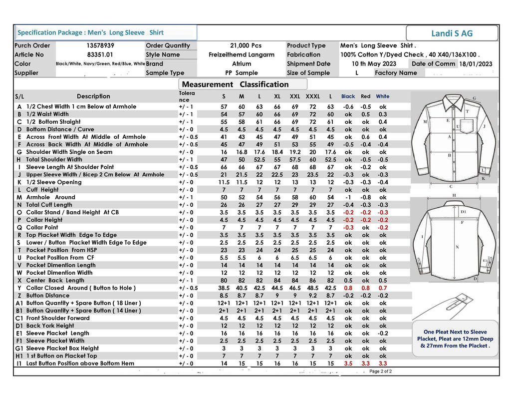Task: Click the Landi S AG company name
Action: coord(452,33)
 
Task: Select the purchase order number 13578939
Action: coord(100,45)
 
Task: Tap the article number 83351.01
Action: coord(100,54)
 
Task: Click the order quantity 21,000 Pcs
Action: coord(246,45)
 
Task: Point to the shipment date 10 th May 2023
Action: coord(374,63)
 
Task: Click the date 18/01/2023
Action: coord(476,64)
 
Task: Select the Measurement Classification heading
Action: coord(235,84)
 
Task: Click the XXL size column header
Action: coord(295,96)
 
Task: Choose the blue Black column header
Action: coord(348,96)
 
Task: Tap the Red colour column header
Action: coord(366,96)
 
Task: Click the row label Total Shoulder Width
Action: coord(54,159)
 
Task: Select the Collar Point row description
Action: coord(42,227)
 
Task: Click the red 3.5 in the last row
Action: coord(348,364)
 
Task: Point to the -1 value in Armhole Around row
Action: coord(348,197)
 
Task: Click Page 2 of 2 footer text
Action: coord(380,372)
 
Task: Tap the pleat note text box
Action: coord(455,339)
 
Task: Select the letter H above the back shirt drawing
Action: coord(454,195)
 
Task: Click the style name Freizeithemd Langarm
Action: coord(242,54)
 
